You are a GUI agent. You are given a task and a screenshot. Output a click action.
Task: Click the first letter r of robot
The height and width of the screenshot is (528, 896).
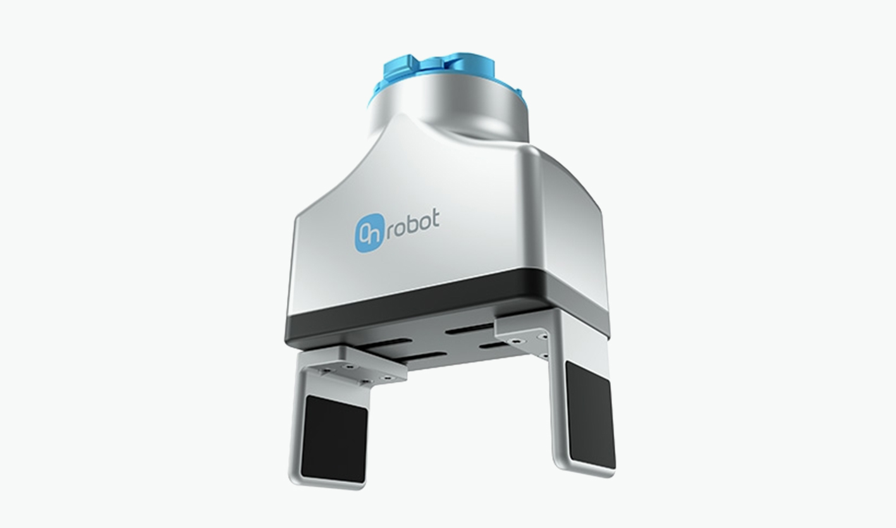click(x=388, y=230)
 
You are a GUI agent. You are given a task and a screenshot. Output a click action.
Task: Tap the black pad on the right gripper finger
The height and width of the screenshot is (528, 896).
click(x=589, y=414)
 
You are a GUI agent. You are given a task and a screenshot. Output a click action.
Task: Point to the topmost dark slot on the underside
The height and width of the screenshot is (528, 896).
click(x=468, y=329)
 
